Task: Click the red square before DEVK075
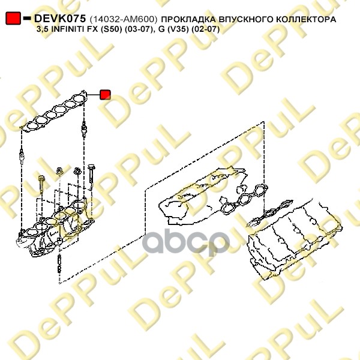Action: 13,18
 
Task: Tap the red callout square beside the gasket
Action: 105,95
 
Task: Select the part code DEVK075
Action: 60,19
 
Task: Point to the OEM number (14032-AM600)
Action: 124,19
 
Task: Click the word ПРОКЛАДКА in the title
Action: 188,19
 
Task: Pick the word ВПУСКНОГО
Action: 245,19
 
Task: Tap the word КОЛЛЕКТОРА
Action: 306,19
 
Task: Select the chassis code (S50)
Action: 110,29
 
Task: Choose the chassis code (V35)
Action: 178,29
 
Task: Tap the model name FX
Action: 93,29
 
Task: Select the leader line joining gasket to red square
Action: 94,95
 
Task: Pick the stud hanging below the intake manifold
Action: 59,263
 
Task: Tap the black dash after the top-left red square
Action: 27,18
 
